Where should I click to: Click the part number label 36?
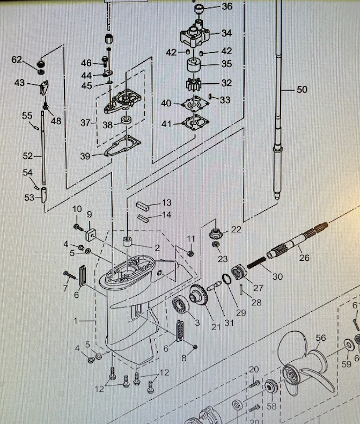(227, 6)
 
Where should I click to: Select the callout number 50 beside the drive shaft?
(302, 90)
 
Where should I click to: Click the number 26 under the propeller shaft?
(304, 258)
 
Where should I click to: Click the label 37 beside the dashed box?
(85, 123)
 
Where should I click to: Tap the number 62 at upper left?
(17, 60)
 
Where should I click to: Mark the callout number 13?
(167, 202)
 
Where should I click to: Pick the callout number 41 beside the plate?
(167, 124)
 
